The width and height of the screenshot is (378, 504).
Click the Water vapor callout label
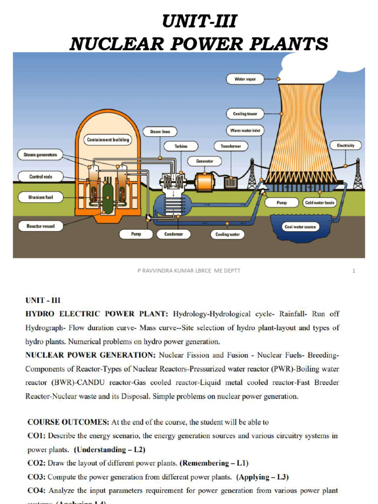pos(245,79)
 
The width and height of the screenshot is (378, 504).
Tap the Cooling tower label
pos(245,114)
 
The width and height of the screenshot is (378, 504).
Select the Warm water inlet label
pos(245,130)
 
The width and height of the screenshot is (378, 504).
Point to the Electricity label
pos(346,145)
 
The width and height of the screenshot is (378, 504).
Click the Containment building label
pos(108,140)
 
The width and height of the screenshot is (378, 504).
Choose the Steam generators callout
pos(40,155)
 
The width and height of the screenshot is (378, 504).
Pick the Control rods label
pos(40,176)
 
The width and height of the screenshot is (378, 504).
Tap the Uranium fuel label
pos(40,197)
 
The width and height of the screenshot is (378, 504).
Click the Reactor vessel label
pos(40,226)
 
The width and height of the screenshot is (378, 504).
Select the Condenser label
pos(174,234)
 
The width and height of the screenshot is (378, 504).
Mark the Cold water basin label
pos(319,202)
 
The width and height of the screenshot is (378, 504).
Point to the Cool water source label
pos(300,227)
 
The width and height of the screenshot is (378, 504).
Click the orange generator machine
pos(203,181)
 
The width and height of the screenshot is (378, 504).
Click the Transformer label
pos(231,146)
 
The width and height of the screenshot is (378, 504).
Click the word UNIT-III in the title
pos(199,22)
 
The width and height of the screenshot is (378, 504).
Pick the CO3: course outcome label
pos(36,476)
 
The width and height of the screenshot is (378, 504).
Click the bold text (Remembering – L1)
pos(214,463)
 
